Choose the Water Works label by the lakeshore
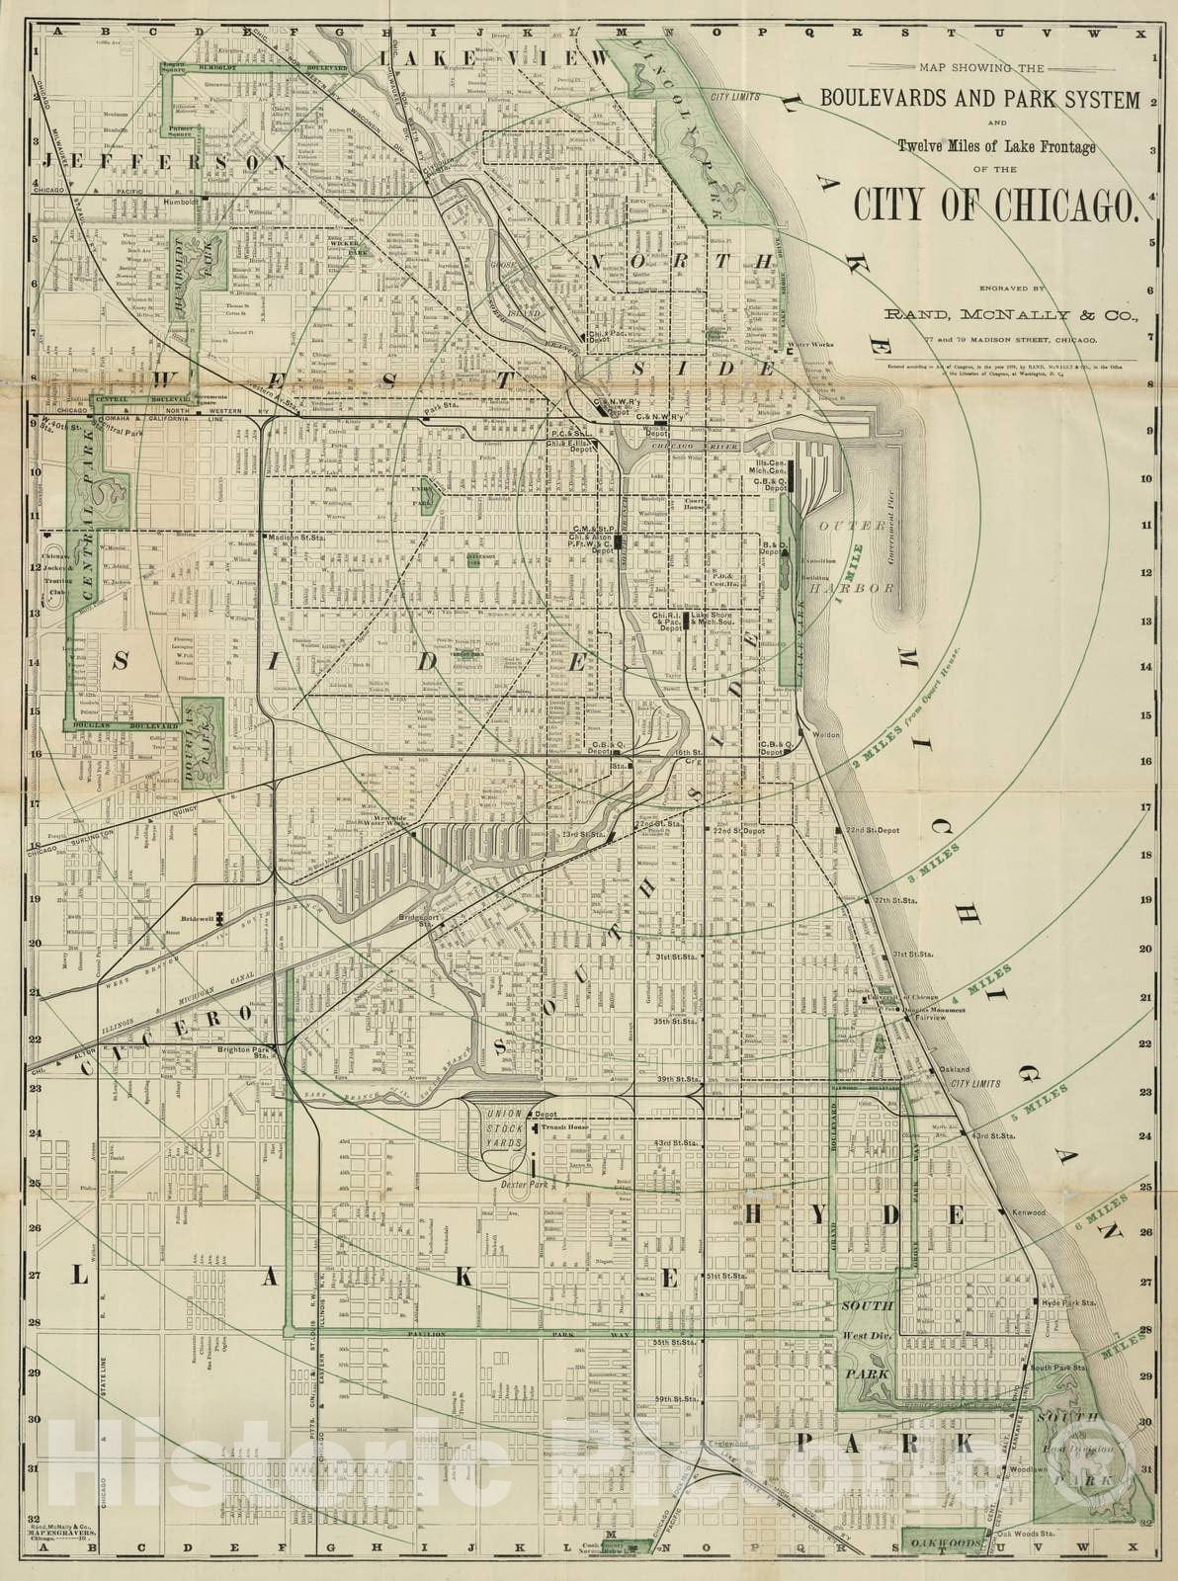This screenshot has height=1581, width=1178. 811,345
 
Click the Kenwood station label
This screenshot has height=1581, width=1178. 1028,1211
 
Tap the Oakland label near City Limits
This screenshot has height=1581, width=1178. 955,1069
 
